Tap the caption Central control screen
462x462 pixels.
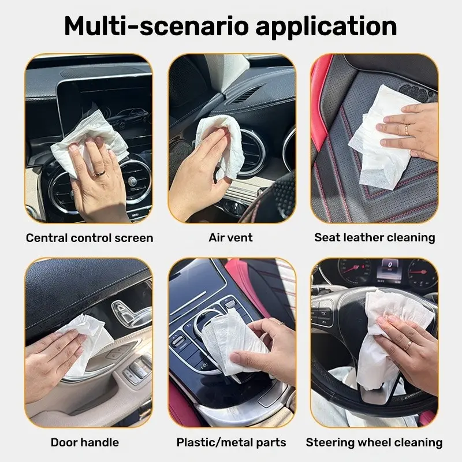[x=90, y=238]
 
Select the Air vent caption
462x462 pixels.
[x=230, y=237]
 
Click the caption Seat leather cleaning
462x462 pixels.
[x=374, y=237]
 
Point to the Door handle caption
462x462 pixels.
[x=85, y=442]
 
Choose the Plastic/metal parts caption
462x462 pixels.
[x=232, y=442]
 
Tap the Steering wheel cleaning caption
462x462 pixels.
[x=374, y=442]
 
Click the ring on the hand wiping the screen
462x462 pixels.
[x=99, y=173]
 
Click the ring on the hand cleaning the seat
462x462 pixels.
[x=407, y=129]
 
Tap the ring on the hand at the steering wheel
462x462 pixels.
[x=408, y=345]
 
